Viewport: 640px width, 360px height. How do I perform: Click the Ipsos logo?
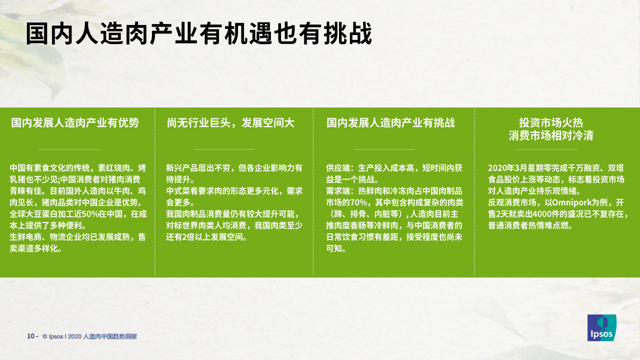point(601,327)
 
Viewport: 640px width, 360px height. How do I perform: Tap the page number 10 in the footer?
point(30,336)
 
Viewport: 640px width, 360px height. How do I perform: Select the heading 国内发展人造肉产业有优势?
point(75,123)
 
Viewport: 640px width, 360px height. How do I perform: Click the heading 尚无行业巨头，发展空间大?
point(230,123)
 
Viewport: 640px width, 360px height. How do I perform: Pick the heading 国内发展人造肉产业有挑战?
point(390,123)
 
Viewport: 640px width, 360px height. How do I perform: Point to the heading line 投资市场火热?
point(551,123)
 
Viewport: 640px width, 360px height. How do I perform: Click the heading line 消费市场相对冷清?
point(551,135)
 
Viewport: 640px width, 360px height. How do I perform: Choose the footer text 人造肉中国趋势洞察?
point(110,336)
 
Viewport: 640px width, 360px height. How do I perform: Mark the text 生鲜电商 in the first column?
point(25,237)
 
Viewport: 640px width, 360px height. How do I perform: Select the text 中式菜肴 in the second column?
point(182,191)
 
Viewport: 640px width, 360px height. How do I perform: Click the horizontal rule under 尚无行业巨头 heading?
point(224,149)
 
